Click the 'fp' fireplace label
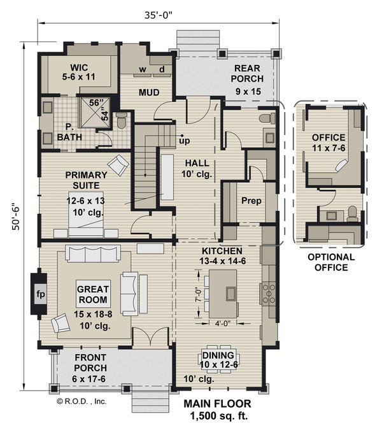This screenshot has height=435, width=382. point(39,294)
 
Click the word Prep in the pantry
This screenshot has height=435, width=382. point(250,201)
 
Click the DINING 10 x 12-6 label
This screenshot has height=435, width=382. point(218,360)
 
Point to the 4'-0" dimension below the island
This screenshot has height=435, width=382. point(222,322)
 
